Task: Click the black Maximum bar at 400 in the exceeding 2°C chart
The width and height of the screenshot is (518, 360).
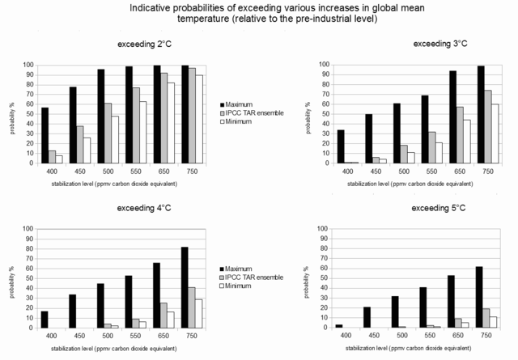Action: (45, 135)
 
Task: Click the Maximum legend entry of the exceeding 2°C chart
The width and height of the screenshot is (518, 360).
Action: (244, 105)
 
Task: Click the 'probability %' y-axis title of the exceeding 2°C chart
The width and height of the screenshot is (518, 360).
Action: (14, 113)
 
